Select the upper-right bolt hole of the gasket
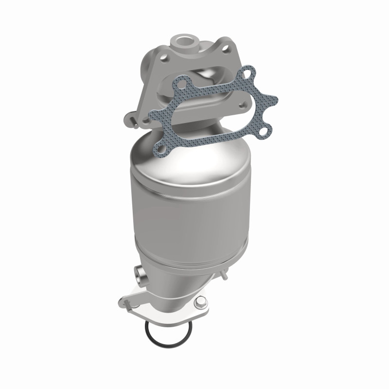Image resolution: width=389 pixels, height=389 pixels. click(x=248, y=73)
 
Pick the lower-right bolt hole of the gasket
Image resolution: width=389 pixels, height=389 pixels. click(x=265, y=131)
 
